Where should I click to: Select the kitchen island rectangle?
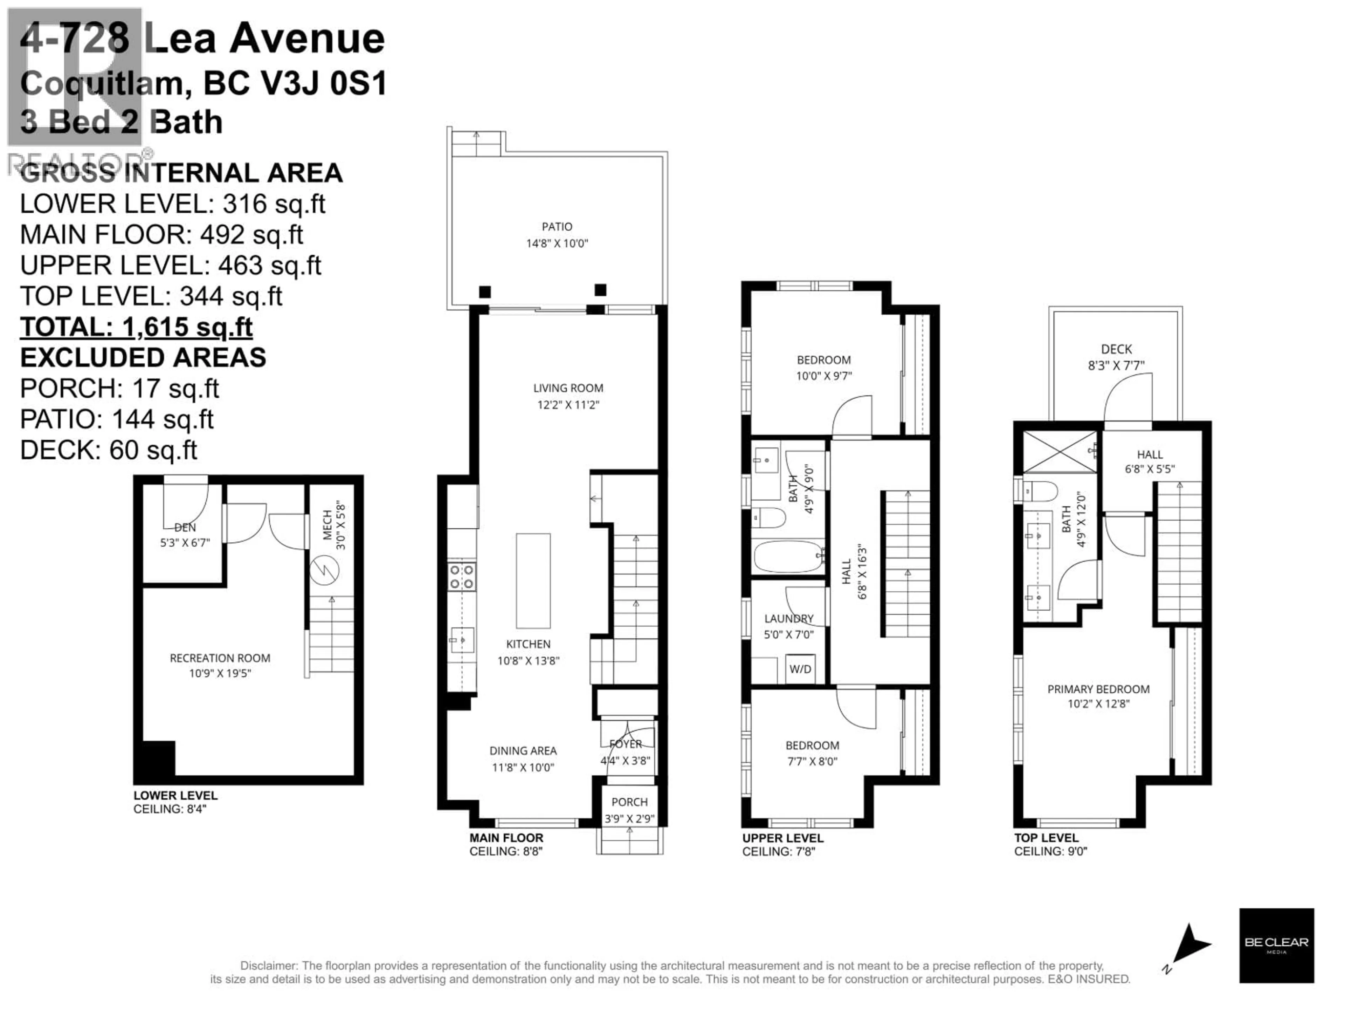tap(533, 581)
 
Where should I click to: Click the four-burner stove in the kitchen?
tap(462, 577)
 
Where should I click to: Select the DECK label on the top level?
tap(1116, 349)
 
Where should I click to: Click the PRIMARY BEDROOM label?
tap(1098, 689)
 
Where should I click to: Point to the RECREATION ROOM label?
tap(220, 658)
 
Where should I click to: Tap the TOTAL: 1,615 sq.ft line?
tap(136, 327)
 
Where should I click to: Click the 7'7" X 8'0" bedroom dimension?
tap(812, 761)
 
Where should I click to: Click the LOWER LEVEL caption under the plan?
tap(175, 796)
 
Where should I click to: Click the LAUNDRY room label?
tap(789, 618)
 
